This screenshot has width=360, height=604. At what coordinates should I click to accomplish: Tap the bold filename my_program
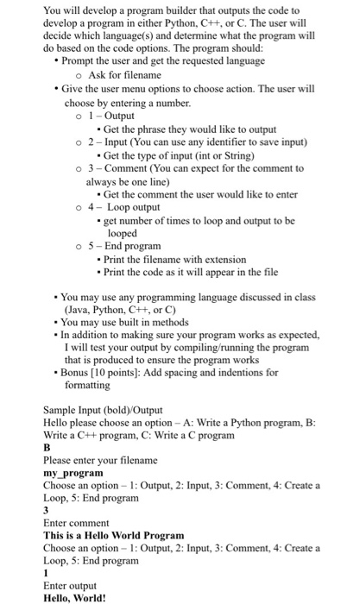click(73, 474)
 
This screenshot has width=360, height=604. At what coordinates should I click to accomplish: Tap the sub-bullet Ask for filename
click(124, 75)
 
